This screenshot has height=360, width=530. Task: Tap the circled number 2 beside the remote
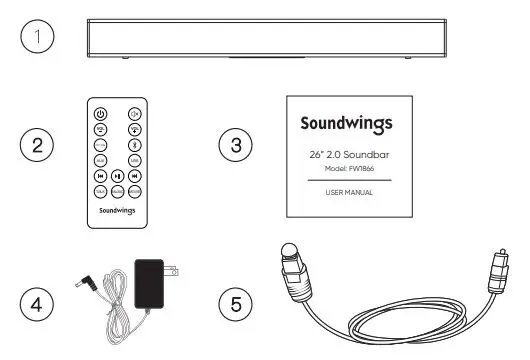38,146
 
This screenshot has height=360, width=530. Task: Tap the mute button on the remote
133,113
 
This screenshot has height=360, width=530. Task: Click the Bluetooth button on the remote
133,143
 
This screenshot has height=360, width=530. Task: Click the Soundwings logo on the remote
117,211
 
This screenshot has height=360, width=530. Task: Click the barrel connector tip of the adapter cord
84,283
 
